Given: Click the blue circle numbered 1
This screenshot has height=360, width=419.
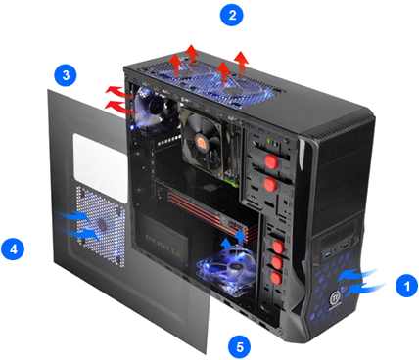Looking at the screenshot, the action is [x=406, y=286].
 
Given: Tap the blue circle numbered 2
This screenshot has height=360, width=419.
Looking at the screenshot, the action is [x=232, y=15].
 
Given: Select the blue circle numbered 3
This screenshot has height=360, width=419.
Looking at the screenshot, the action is [x=66, y=75].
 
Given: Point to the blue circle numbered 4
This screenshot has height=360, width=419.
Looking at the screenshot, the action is [x=13, y=248].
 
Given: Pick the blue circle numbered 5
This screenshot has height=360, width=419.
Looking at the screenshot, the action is [x=240, y=346].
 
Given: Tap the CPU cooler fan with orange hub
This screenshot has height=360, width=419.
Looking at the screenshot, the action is [x=203, y=143].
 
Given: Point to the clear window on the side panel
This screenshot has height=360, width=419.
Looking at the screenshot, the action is [x=100, y=167].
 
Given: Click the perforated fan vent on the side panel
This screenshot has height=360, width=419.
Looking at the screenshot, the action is [x=101, y=226].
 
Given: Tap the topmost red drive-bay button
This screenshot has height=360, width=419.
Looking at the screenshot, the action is [x=271, y=161].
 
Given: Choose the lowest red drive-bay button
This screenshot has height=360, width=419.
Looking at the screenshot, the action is [x=276, y=278].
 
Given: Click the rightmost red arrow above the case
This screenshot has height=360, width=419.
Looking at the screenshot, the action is [x=242, y=64].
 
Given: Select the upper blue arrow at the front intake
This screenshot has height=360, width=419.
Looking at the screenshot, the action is [x=357, y=275].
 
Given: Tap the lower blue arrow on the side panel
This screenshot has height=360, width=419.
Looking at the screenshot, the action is [x=80, y=233].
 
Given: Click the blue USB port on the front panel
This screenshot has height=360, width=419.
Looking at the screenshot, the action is [x=327, y=253].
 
